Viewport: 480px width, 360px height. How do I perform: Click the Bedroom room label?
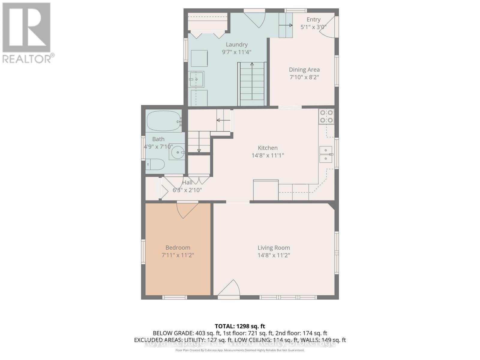pos(178,247)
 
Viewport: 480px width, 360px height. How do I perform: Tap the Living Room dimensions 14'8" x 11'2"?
pos(274,255)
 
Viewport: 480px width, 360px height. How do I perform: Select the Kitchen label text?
pos(268,148)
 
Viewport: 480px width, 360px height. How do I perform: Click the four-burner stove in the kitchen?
pos(326,116)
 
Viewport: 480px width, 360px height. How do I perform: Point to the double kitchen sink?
pos(326,154)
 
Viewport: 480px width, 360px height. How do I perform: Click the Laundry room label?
pos(237,44)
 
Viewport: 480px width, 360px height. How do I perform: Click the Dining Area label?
pos(304,70)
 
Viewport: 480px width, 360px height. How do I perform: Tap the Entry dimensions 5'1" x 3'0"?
pos(313,27)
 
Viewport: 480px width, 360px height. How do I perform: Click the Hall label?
pos(187,182)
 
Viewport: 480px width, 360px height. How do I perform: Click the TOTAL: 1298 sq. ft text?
pos(240,326)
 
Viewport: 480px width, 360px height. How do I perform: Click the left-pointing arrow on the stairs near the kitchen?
pos(223,120)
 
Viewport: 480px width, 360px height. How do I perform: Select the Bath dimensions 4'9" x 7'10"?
pos(158,147)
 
